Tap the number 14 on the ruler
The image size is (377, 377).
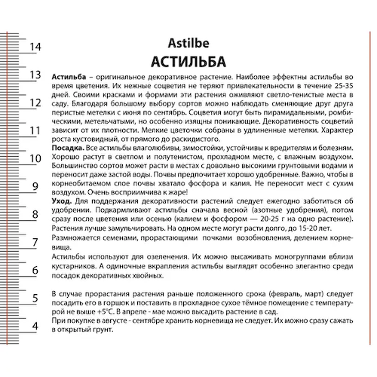[34, 47]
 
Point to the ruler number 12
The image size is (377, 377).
[34, 103]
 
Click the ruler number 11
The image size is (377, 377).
[34, 130]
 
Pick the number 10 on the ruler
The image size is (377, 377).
[34, 158]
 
